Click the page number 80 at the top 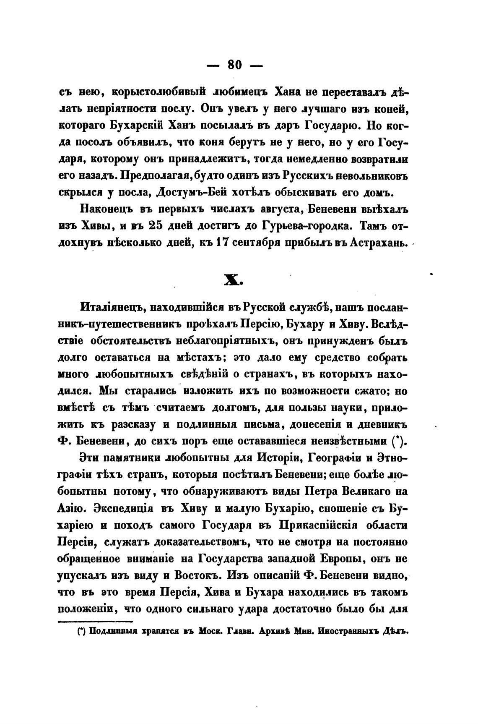pyautogui.click(x=235, y=65)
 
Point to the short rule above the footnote pyautogui.click(x=94, y=622)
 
